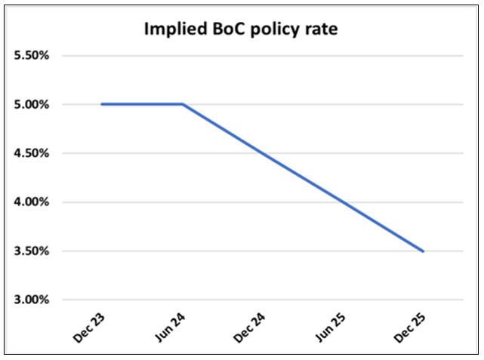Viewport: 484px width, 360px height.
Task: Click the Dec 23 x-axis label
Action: pos(89,331)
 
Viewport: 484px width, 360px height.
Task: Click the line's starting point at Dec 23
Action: pos(102,104)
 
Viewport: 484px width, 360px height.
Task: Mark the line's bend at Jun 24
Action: pos(183,104)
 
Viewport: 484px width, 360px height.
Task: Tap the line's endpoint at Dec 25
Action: pos(424,251)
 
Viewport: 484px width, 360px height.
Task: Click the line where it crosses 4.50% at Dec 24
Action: pos(263,153)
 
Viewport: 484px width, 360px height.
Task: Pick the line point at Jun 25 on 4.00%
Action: pos(344,202)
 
